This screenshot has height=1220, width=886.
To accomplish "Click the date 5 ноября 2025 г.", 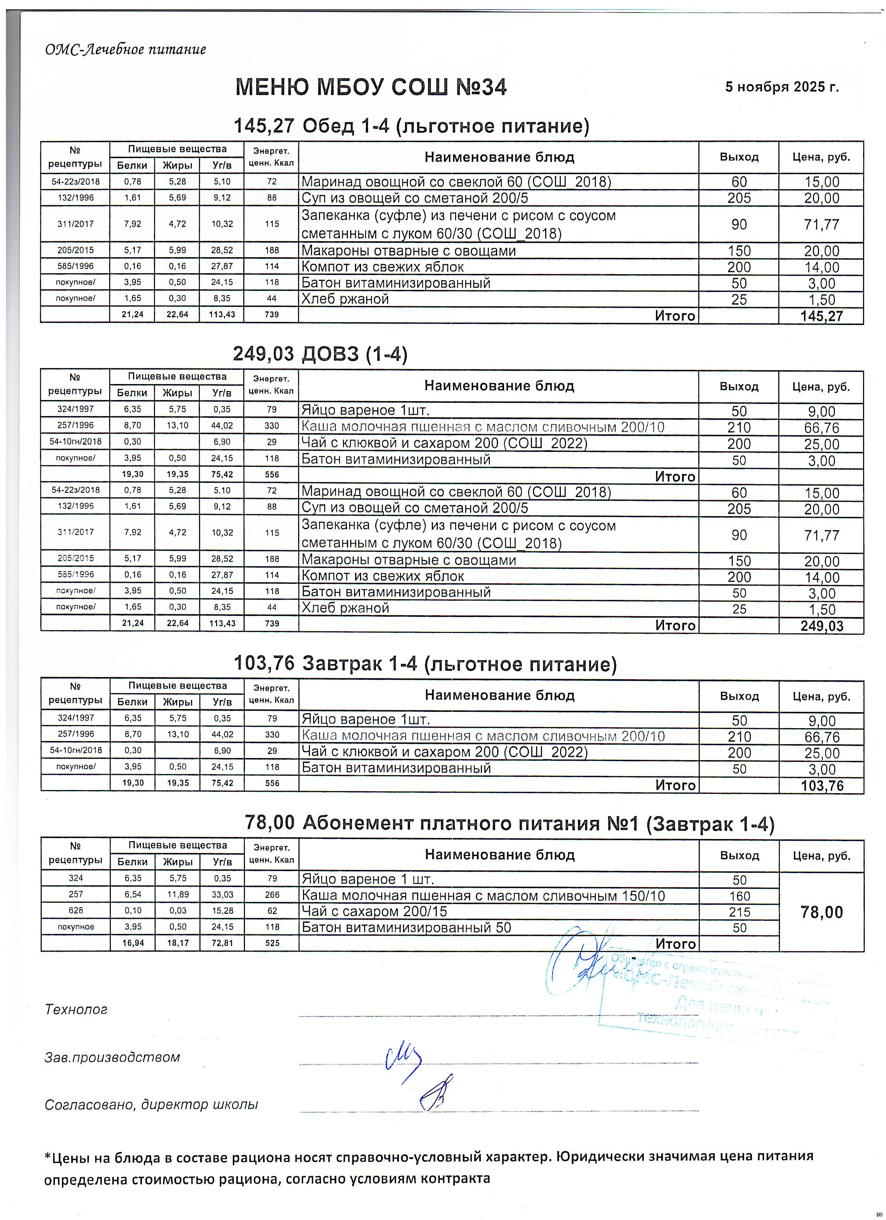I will [x=782, y=87].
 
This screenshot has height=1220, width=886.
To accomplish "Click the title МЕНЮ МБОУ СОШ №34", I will [x=371, y=87].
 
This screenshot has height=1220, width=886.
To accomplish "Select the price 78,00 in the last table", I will [x=821, y=912].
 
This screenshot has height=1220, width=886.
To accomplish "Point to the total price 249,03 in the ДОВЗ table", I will [x=821, y=626].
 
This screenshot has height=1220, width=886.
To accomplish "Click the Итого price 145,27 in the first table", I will [x=821, y=316].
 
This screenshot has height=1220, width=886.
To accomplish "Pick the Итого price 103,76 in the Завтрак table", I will [x=821, y=786].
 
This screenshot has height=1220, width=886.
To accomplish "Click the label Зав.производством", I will [x=112, y=1057].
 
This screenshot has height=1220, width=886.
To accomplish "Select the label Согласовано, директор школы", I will [x=151, y=1104].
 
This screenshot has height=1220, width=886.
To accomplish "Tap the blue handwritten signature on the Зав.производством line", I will [x=403, y=1061].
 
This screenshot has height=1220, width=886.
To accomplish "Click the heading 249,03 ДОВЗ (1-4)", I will [x=320, y=354].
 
